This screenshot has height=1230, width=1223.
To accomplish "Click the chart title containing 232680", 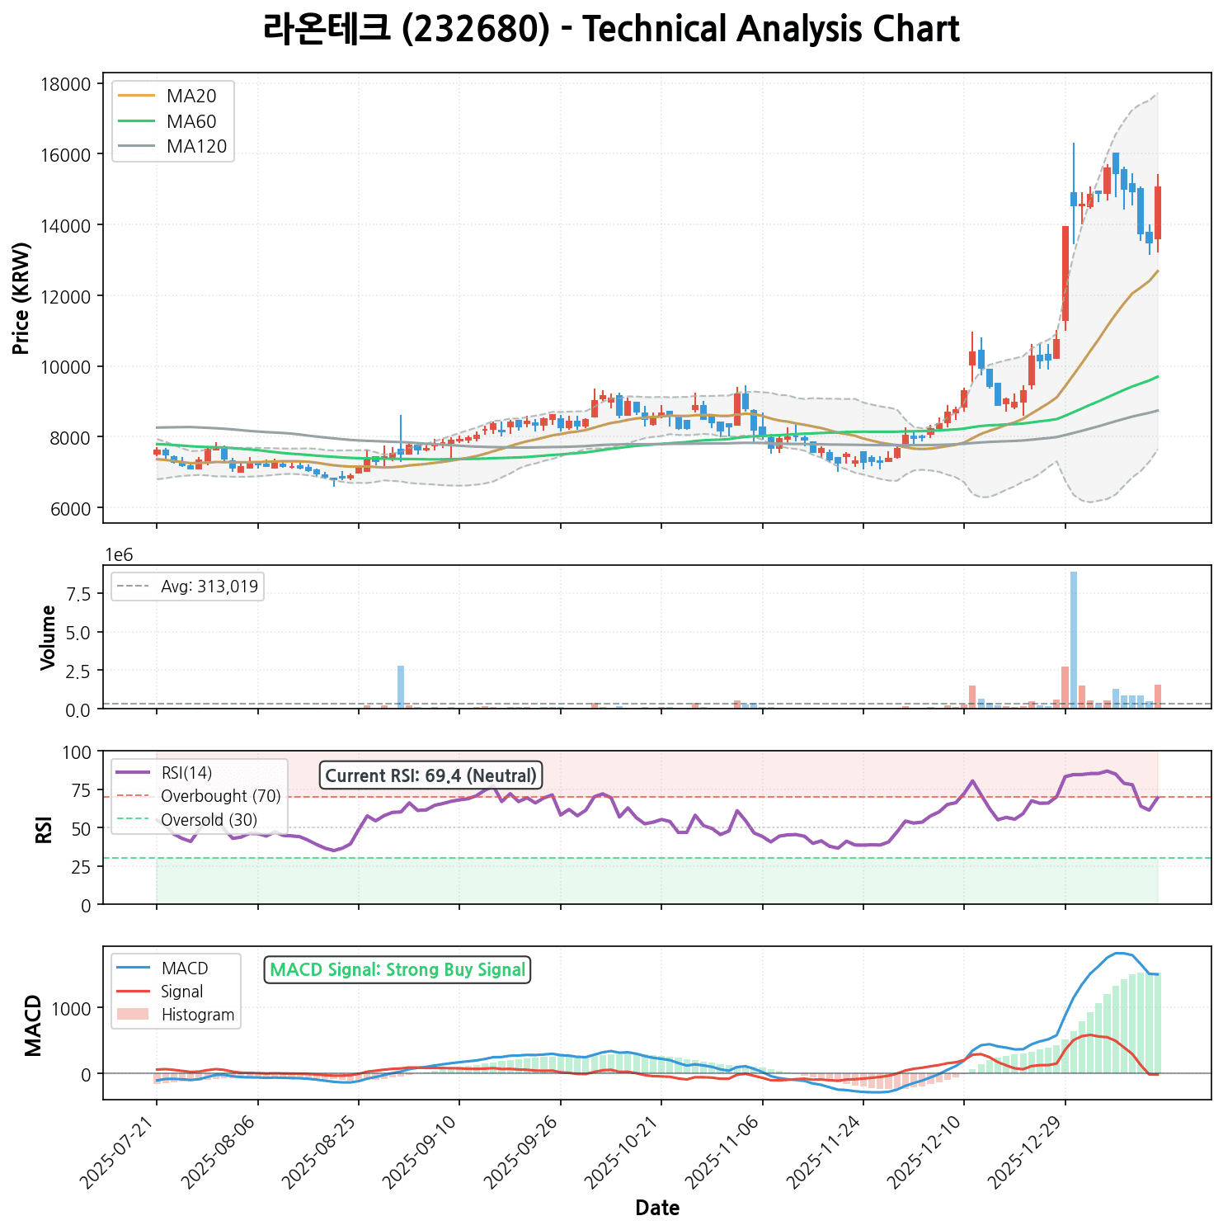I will pyautogui.click(x=611, y=30).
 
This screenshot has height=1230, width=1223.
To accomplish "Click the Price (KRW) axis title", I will pyautogui.click(x=22, y=298).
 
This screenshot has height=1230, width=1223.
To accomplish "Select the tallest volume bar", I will pyautogui.click(x=1074, y=639).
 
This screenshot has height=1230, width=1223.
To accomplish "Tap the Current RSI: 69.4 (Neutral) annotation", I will pyautogui.click(x=430, y=775).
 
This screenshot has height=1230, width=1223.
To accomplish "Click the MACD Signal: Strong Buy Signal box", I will pyautogui.click(x=397, y=970).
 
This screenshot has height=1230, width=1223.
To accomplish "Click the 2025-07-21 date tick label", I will pyautogui.click(x=121, y=1155).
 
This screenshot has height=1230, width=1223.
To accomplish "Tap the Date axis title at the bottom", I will pyautogui.click(x=657, y=1209).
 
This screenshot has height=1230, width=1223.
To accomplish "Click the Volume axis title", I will pyautogui.click(x=48, y=637).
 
